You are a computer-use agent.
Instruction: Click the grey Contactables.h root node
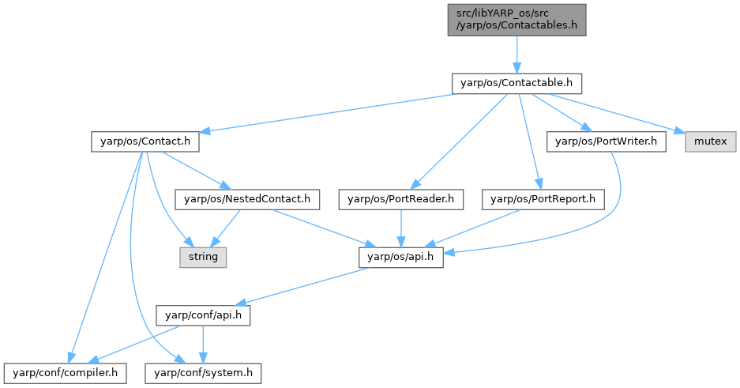(x=516, y=19)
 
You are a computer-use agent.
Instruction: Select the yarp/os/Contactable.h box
(x=516, y=83)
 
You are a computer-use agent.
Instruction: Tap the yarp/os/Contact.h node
(x=144, y=142)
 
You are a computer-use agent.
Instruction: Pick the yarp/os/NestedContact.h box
(x=247, y=199)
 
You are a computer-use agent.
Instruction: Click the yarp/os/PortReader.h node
(x=402, y=199)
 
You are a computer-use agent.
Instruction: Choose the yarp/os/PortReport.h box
(x=543, y=199)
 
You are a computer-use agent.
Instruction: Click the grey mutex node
(x=711, y=142)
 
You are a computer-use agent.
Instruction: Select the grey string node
(x=201, y=257)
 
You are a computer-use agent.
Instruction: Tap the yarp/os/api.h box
(x=401, y=257)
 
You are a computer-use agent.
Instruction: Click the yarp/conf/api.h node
(x=204, y=315)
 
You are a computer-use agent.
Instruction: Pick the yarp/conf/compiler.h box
(x=65, y=371)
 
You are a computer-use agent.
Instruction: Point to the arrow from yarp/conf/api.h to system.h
(x=203, y=343)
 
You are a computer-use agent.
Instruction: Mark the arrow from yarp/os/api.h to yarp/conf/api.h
(x=304, y=285)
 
